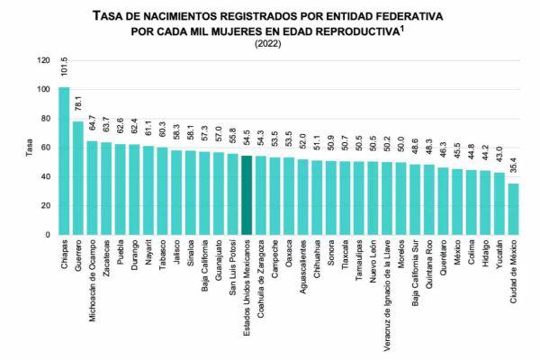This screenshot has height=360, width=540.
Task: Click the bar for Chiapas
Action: coord(64,162)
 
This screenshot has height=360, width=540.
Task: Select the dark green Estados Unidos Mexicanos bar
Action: coord(247,195)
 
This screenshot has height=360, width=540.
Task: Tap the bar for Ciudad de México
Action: coord(514,209)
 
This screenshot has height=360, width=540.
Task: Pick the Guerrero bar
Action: coord(78,178)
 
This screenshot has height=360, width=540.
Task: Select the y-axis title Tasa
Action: coord(27,148)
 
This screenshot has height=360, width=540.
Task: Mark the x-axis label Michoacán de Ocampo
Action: coord(92,281)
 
